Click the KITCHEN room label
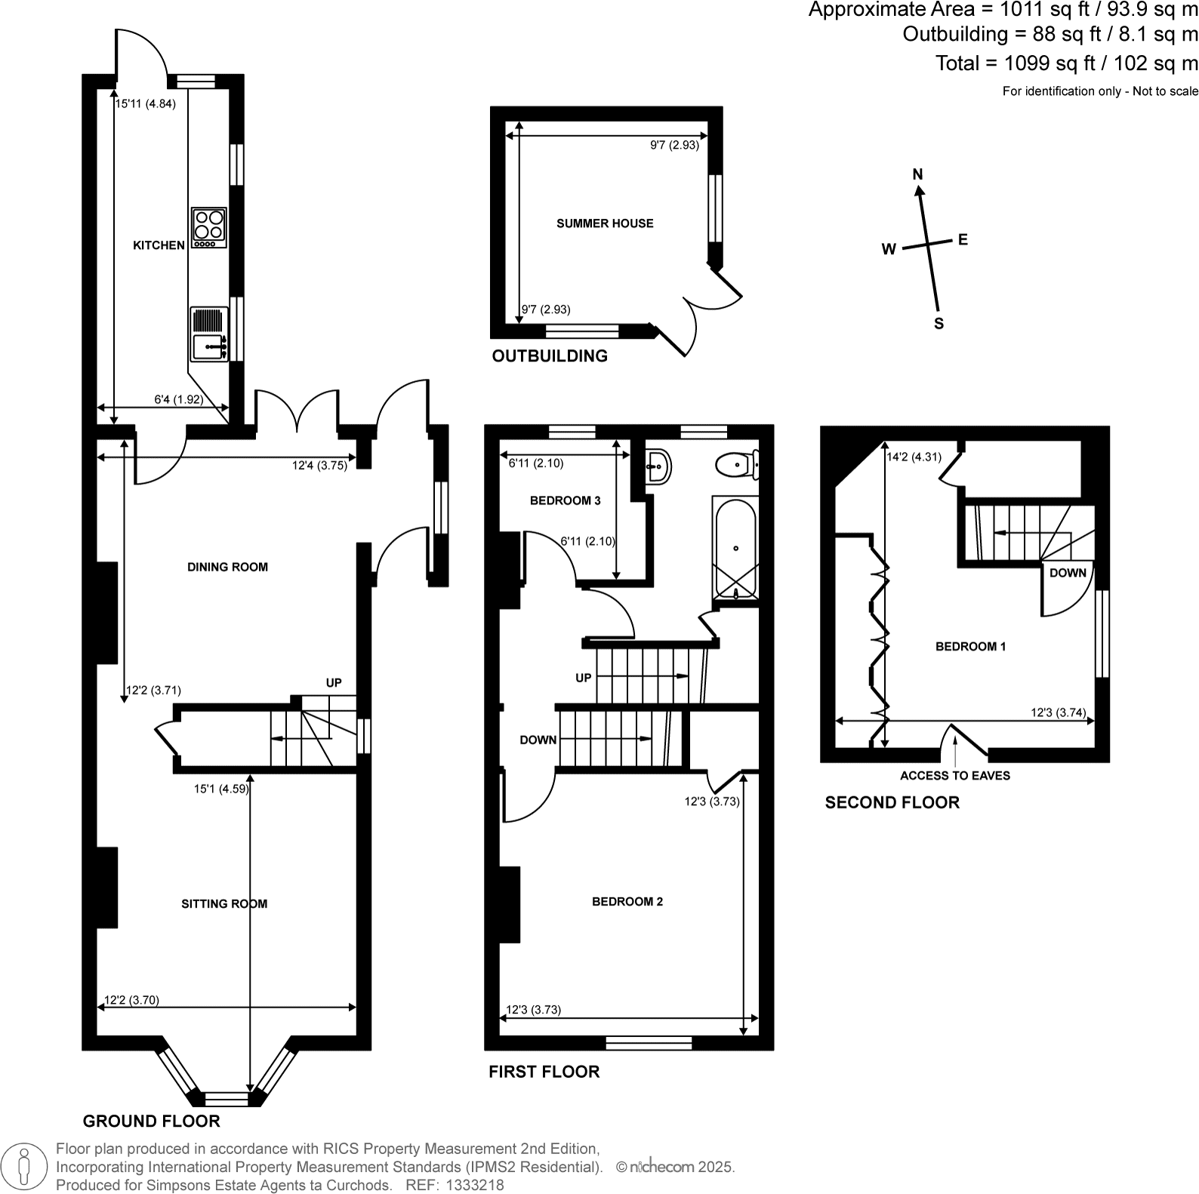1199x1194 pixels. (x=159, y=245)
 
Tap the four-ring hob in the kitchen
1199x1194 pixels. (x=209, y=227)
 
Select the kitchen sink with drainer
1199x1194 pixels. (x=209, y=334)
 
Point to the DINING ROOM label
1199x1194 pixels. (x=227, y=567)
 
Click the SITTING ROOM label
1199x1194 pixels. (x=224, y=903)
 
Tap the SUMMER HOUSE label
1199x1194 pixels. (x=605, y=223)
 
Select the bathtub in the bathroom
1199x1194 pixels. (x=735, y=548)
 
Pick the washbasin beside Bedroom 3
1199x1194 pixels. (x=658, y=466)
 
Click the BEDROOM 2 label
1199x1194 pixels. (x=627, y=901)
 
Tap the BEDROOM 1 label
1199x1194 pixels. (x=970, y=646)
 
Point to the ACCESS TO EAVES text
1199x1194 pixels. (x=954, y=776)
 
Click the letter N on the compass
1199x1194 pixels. (x=917, y=174)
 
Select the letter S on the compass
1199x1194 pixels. (x=939, y=324)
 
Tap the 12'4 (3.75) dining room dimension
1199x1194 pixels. (x=319, y=466)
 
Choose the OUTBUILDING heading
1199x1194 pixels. (x=550, y=356)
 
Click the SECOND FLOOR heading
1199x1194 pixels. (x=892, y=802)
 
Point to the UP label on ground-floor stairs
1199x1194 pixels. (x=334, y=683)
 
